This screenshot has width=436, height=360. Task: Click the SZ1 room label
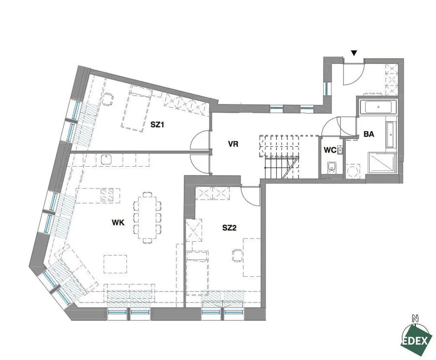coord(157,125)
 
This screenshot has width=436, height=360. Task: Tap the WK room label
coord(118,222)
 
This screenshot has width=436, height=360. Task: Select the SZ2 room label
coord(229,228)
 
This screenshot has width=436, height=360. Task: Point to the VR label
coord(233,144)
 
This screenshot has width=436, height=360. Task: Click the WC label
coord(330,150)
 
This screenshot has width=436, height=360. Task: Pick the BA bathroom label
coord(369,134)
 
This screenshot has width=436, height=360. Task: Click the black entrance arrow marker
coord(354,53)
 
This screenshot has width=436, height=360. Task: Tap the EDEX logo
coord(416,340)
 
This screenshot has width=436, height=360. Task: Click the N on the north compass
coord(415,318)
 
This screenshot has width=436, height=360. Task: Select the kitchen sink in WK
coord(106,160)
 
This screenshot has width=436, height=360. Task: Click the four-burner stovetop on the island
coord(107,195)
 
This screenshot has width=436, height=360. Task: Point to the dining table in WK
coord(147,218)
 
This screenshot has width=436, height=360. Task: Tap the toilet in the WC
coord(331,168)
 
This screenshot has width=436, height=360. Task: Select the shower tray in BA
coord(381,162)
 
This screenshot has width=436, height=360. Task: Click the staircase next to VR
coord(281,157)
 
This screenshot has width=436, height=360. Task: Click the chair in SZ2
coord(237,255)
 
